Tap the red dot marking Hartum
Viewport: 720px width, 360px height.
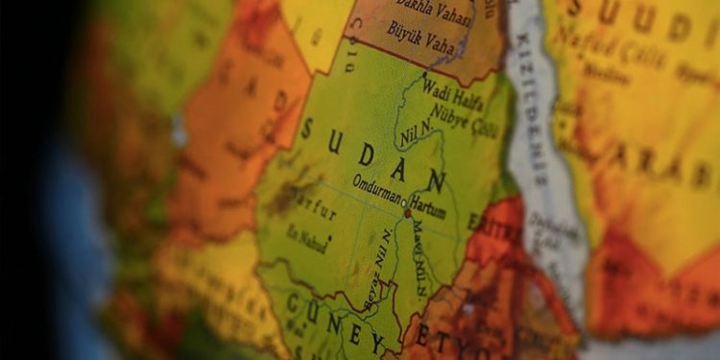click(408, 213)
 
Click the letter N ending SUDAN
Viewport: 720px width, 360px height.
click(436, 180)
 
